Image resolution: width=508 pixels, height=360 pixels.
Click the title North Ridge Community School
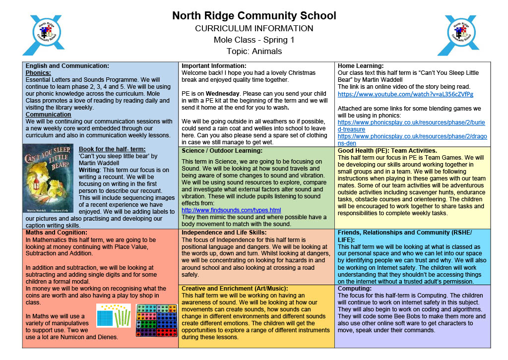[x=254, y=15]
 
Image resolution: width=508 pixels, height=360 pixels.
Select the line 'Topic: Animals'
[x=254, y=51]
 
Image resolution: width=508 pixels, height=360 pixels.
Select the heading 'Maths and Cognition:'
[x=57, y=232]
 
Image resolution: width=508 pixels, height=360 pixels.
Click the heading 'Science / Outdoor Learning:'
[x=222, y=151]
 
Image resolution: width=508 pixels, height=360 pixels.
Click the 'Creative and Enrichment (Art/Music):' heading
[x=235, y=288]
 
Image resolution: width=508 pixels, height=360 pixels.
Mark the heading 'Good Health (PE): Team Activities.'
[x=387, y=151]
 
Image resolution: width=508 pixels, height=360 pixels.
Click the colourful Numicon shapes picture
[x=156, y=320]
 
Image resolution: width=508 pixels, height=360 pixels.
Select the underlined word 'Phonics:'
[x=38, y=72]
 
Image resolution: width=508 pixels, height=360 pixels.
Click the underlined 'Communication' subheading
[x=48, y=114]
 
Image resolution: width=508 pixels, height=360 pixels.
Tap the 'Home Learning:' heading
[x=361, y=65]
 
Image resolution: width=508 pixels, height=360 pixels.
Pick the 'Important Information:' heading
[x=214, y=65]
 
